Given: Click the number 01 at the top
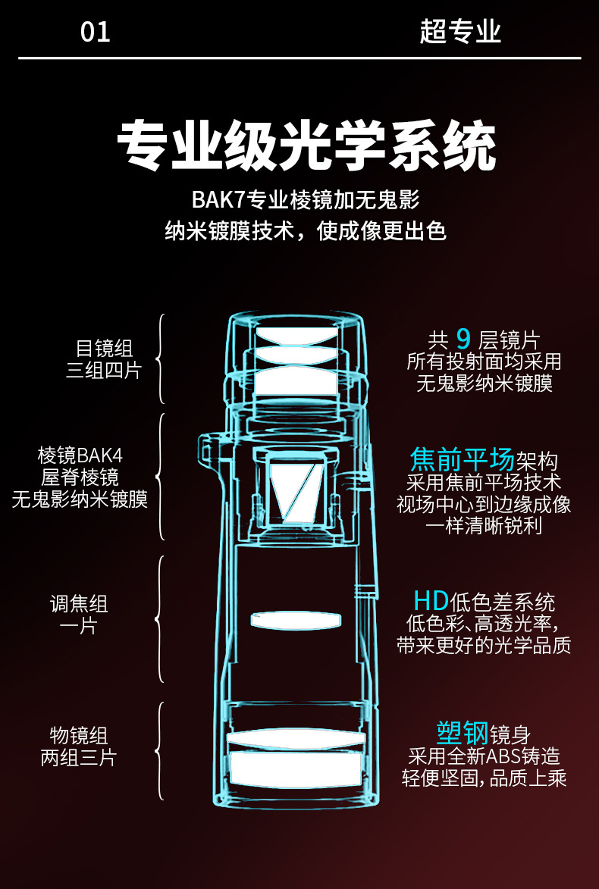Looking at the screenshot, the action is (x=96, y=33).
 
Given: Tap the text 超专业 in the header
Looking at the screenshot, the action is (x=460, y=33).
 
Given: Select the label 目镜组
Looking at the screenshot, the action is (x=104, y=348).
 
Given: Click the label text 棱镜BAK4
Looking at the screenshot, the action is (x=80, y=455).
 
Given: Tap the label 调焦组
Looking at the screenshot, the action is (x=79, y=604).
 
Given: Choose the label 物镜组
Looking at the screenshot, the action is (x=79, y=735).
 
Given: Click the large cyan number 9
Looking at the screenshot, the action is (x=463, y=340).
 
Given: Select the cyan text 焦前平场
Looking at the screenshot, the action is (x=462, y=459).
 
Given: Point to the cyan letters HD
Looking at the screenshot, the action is (x=431, y=601).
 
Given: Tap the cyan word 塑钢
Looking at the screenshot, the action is (x=462, y=733).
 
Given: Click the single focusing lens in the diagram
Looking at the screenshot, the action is (x=294, y=620).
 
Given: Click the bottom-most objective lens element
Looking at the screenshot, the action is (x=294, y=768).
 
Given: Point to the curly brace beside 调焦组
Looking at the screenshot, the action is (x=160, y=619).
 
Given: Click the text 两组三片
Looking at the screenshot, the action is (x=79, y=757).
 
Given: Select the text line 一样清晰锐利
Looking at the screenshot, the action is (x=484, y=525).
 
